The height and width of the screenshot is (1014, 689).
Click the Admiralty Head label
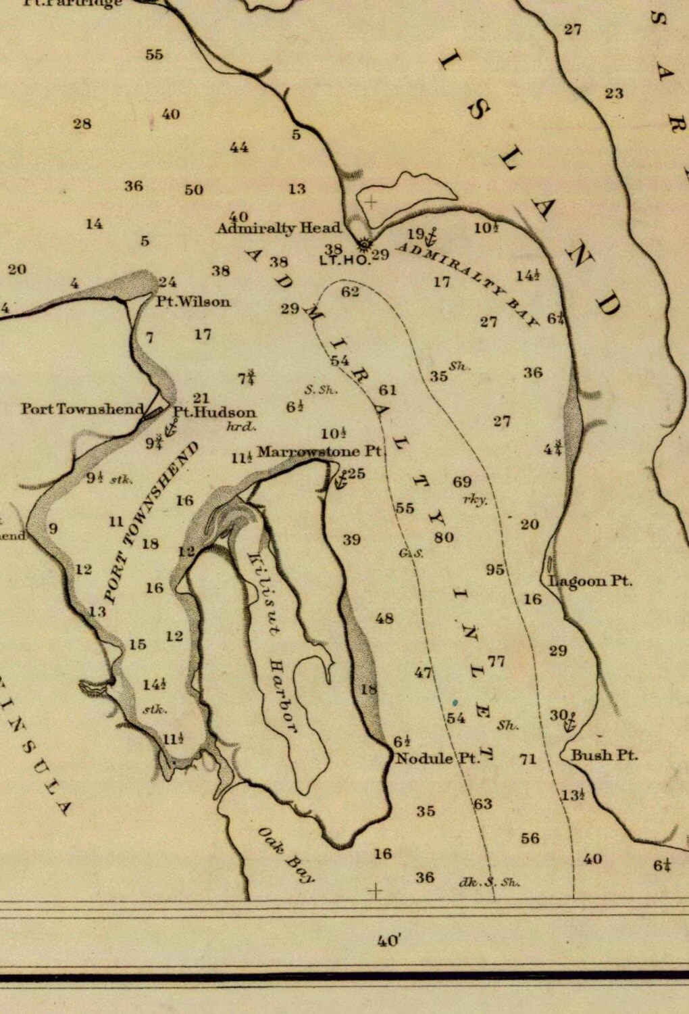click(x=278, y=228)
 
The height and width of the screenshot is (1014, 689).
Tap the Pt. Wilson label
click(x=193, y=301)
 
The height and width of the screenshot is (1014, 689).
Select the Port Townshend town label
click(x=82, y=408)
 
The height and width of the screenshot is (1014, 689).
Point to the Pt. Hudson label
click(x=215, y=412)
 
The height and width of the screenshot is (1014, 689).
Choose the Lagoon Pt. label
click(x=590, y=581)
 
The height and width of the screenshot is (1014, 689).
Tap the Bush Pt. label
click(x=604, y=755)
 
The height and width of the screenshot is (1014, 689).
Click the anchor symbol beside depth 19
click(x=432, y=237)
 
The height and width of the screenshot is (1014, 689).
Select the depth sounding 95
click(x=495, y=570)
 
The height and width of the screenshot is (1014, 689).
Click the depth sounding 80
click(x=444, y=537)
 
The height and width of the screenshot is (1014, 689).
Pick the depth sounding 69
click(x=462, y=481)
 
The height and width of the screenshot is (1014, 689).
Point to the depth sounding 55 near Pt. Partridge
click(x=154, y=54)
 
